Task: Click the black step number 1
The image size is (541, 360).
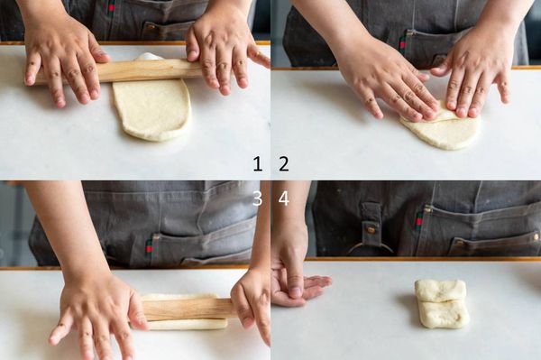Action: (x=257, y=163)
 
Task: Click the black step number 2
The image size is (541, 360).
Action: (x=284, y=163)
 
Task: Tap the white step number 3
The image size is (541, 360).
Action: (x=257, y=198)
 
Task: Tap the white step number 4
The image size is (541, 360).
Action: (x=284, y=198)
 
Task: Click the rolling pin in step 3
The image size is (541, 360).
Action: (x=189, y=309)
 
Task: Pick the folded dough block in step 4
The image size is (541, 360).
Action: (x=442, y=303)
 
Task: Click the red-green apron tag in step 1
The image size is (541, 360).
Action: (x=111, y=7)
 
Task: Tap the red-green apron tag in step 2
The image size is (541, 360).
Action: (x=402, y=44)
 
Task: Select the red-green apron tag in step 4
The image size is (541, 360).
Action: (x=419, y=219)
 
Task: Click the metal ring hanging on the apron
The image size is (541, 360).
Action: (x=371, y=245)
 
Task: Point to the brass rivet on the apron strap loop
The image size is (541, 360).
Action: (x=371, y=229)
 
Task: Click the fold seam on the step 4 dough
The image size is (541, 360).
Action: (x=443, y=301)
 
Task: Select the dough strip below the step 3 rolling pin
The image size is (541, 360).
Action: (x=188, y=325)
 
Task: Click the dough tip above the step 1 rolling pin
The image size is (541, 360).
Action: (x=149, y=57)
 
